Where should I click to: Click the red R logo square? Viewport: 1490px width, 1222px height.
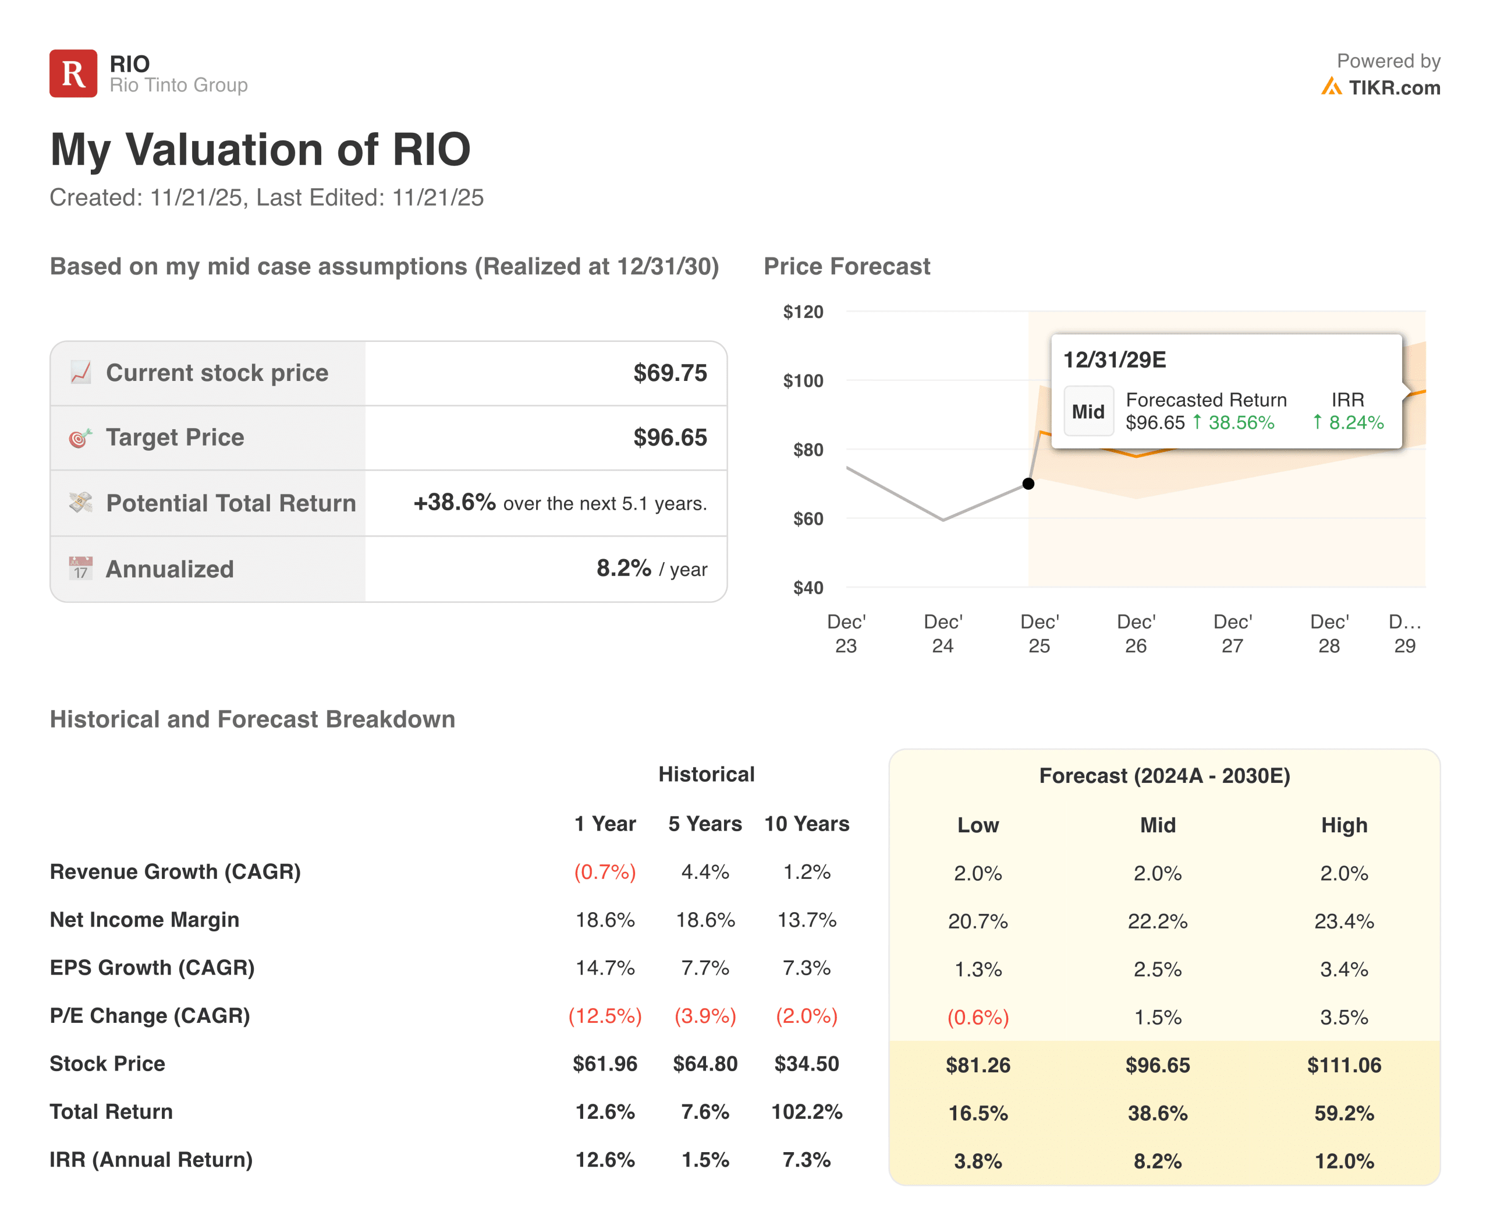(73, 73)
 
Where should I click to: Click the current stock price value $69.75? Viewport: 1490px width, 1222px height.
(670, 373)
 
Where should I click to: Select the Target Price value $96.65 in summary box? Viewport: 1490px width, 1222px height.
(670, 438)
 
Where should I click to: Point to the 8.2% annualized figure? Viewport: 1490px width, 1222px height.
(623, 568)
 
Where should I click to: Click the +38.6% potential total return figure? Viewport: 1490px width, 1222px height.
(455, 503)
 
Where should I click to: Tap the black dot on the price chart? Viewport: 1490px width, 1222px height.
(1028, 483)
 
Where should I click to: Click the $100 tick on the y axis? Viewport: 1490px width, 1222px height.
(803, 381)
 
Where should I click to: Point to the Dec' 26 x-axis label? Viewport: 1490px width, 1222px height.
(1136, 634)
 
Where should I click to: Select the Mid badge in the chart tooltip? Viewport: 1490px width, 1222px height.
(1088, 412)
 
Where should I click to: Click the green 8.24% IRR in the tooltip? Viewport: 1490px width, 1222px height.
(1355, 422)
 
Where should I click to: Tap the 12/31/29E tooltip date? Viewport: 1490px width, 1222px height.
(1115, 360)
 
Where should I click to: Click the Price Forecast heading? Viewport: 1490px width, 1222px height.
(846, 267)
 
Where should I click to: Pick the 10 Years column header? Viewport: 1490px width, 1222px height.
(806, 824)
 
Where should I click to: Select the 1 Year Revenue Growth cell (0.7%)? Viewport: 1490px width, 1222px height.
(605, 872)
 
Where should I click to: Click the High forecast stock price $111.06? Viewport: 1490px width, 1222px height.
(1344, 1065)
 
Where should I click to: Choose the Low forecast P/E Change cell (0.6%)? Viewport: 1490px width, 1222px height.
(978, 1017)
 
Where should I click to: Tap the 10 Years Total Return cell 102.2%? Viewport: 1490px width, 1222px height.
(806, 1112)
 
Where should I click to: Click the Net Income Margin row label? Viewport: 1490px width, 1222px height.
(144, 920)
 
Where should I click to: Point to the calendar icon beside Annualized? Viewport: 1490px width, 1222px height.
(81, 568)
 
